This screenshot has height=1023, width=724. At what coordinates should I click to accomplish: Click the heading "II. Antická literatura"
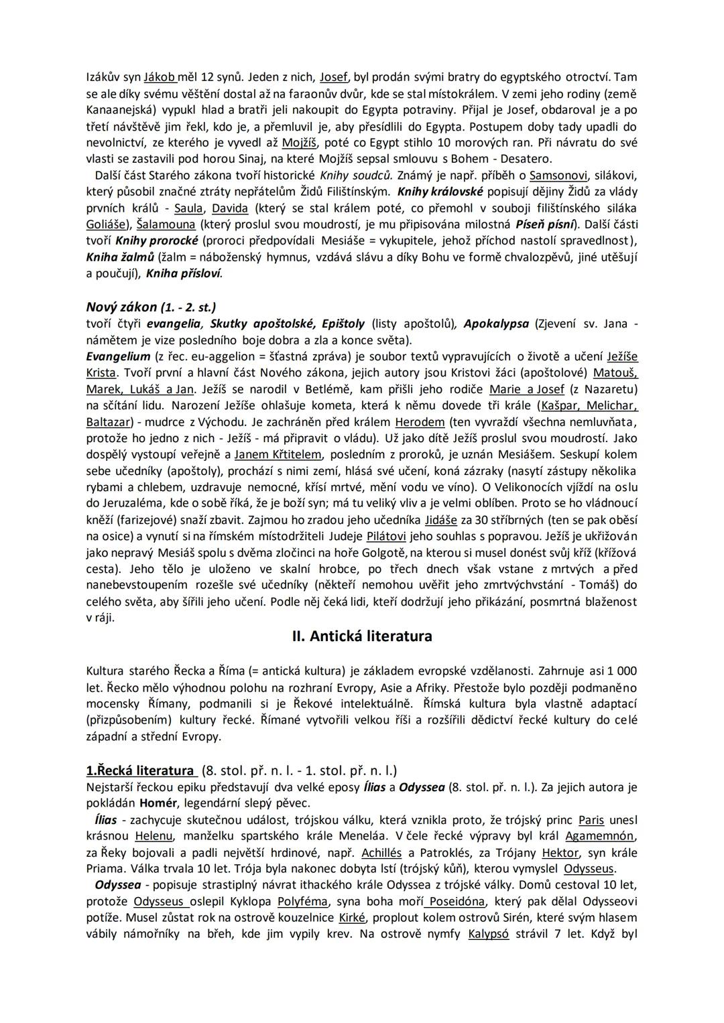coord(362,636)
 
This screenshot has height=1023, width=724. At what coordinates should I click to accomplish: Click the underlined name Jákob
coord(160,78)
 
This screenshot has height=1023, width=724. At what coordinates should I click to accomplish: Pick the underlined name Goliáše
coord(109,224)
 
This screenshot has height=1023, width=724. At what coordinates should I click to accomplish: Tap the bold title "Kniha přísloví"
coord(183,273)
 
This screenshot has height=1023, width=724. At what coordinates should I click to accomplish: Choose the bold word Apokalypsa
coord(497,324)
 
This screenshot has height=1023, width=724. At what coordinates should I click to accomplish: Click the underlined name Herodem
coord(420,422)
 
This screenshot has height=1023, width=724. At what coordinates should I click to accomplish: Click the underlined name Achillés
coord(381,853)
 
